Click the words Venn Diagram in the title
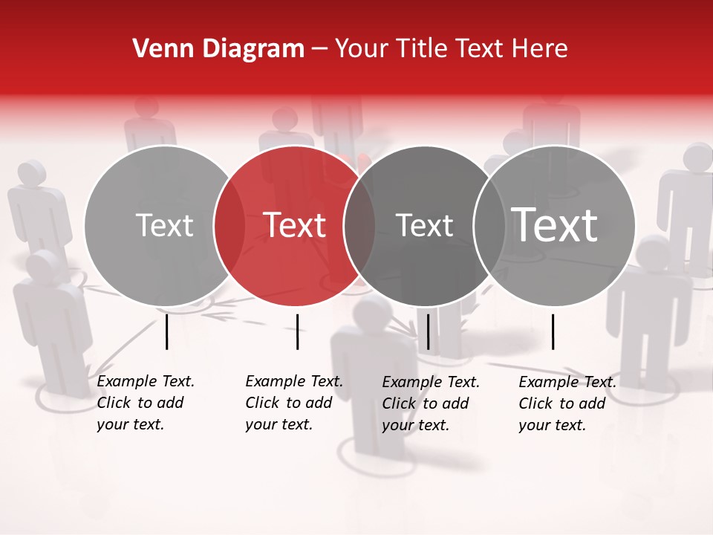(x=218, y=49)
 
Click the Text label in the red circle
(x=295, y=225)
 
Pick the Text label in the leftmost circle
(x=165, y=225)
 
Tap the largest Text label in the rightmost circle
(x=555, y=224)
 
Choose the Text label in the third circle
(x=425, y=225)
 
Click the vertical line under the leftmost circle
(x=166, y=331)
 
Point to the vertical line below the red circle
(x=297, y=331)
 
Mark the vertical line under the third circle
(x=428, y=331)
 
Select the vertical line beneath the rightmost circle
(x=553, y=331)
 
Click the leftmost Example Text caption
(x=146, y=403)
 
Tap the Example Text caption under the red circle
(x=294, y=403)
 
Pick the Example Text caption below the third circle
(x=431, y=403)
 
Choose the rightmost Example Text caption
(x=567, y=403)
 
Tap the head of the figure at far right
(x=698, y=156)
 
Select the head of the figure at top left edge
(x=31, y=173)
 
